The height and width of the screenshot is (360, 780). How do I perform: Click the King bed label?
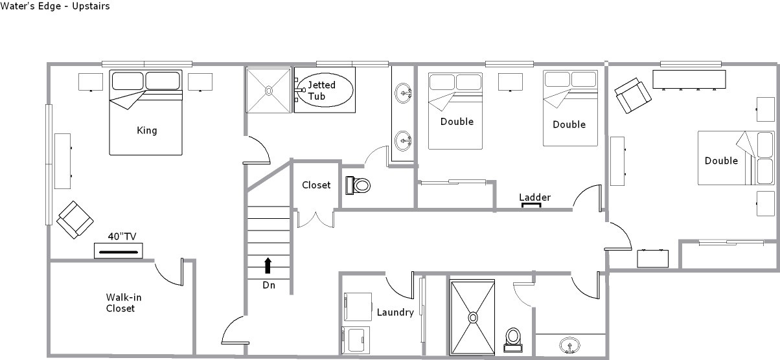tap(146, 131)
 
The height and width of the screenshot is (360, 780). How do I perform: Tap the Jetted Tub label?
tap(321, 91)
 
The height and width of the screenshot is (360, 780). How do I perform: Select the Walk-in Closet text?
tap(124, 302)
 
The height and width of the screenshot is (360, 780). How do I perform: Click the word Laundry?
tap(395, 312)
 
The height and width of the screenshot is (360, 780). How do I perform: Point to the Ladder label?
tap(535, 197)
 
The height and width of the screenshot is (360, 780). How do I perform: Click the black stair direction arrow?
tap(268, 265)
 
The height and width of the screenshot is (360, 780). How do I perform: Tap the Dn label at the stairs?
tap(269, 285)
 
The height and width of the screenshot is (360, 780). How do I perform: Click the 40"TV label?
tap(122, 237)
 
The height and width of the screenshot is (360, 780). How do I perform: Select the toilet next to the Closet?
tap(358, 185)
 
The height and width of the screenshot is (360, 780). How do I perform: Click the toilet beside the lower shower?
tap(513, 339)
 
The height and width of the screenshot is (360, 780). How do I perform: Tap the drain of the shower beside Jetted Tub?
tap(268, 91)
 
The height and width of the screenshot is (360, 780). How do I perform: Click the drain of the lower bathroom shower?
tap(473, 317)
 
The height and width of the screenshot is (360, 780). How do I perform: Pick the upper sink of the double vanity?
tap(403, 93)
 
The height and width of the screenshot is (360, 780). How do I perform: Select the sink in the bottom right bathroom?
tap(569, 345)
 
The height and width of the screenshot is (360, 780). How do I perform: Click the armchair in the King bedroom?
tap(75, 219)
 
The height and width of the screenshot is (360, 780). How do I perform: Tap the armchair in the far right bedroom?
tap(633, 95)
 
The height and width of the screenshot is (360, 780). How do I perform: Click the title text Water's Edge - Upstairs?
tap(55, 6)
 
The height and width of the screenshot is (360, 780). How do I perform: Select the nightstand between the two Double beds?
tap(510, 82)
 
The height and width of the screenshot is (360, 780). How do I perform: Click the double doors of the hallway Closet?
tap(315, 219)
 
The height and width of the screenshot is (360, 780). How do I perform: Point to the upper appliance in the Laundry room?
tap(358, 307)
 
